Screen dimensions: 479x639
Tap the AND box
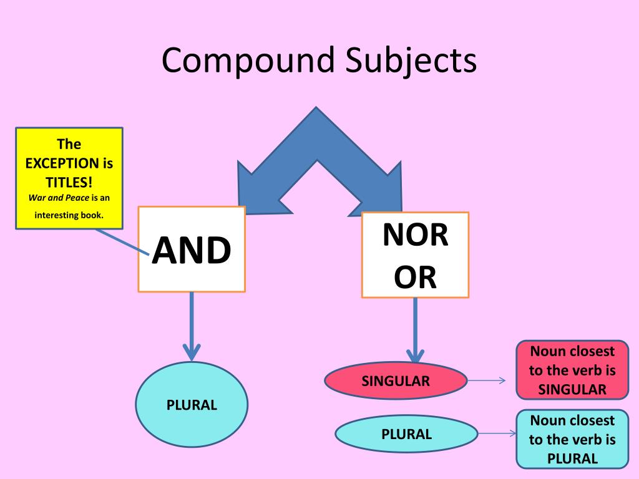pyautogui.click(x=192, y=249)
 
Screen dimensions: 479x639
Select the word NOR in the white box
pyautogui.click(x=415, y=235)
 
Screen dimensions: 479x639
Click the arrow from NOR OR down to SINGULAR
pyautogui.click(x=414, y=331)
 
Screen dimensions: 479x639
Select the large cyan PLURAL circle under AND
pyautogui.click(x=192, y=405)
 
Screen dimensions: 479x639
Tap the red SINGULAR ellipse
pyautogui.click(x=396, y=380)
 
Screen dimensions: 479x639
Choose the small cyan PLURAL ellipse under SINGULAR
pyautogui.click(x=406, y=434)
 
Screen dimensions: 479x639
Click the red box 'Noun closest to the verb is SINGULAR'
pyautogui.click(x=572, y=370)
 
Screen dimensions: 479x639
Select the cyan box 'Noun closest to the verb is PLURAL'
pyautogui.click(x=572, y=439)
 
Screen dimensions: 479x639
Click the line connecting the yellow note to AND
pyautogui.click(x=122, y=241)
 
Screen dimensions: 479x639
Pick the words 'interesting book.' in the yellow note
pyautogui.click(x=69, y=216)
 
